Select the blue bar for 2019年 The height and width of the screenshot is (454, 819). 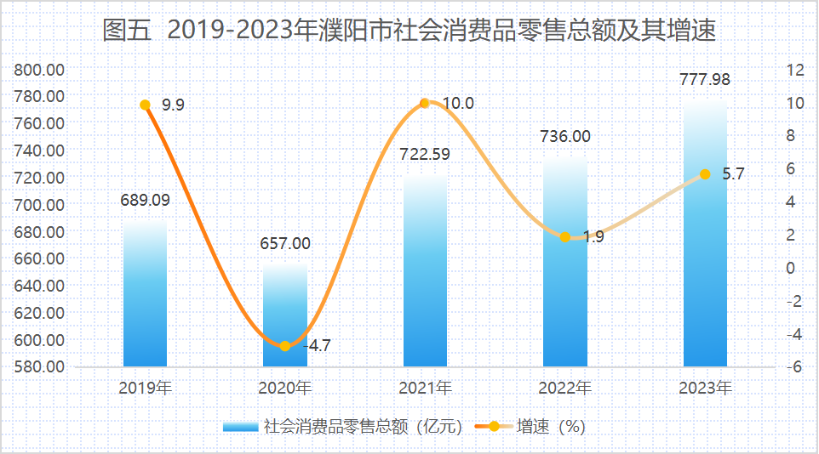145,298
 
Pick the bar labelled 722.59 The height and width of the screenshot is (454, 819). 425,272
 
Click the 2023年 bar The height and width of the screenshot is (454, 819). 705,238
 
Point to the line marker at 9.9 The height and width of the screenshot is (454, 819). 145,105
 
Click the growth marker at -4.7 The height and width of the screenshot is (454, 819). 285,346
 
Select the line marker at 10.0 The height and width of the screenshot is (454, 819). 425,104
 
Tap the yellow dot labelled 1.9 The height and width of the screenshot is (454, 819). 565,237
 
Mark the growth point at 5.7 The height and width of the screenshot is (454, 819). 705,174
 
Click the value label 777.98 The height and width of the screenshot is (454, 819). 705,80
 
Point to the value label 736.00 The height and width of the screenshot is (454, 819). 565,136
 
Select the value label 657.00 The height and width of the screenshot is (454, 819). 285,243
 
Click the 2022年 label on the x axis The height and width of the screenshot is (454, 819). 565,388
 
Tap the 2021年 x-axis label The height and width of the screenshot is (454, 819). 425,388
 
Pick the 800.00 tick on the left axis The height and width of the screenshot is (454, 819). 40,70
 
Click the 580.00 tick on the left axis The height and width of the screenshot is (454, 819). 40,367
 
